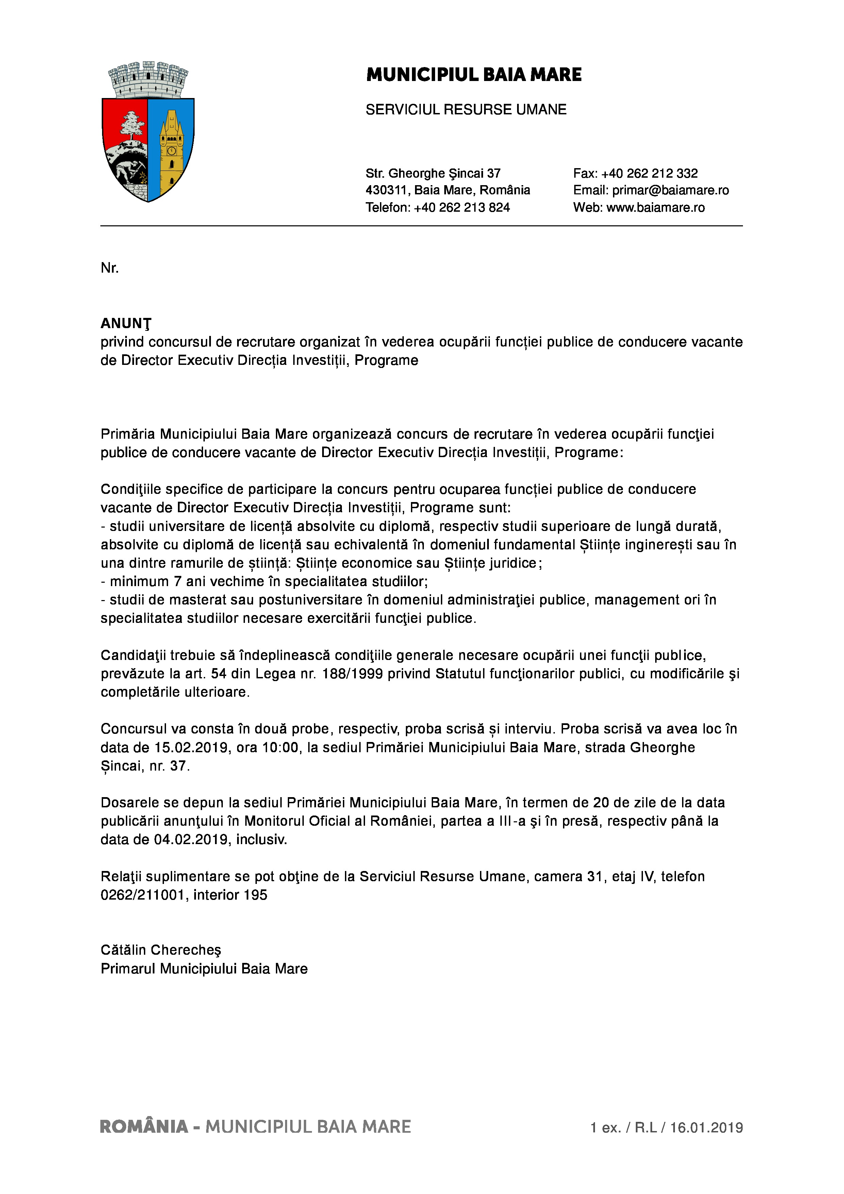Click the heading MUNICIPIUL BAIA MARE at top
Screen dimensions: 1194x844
(x=474, y=75)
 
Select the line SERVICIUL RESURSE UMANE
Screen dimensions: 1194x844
(x=466, y=110)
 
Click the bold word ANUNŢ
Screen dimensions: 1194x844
(x=126, y=323)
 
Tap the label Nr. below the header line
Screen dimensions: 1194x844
(x=110, y=268)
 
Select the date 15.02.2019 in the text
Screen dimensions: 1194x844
(x=191, y=748)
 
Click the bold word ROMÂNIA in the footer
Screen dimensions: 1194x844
(x=144, y=1127)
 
